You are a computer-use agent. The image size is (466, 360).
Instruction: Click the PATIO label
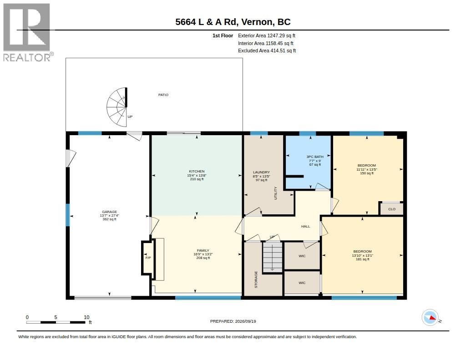pos(163,95)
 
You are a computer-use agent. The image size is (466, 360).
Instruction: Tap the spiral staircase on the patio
pos(117,106)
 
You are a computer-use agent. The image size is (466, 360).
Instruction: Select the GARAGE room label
pos(109,212)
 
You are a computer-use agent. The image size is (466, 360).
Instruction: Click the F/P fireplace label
pos(148,258)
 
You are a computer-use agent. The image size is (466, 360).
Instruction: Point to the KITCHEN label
pos(197,172)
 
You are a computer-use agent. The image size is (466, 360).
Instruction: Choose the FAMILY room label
pos(203,251)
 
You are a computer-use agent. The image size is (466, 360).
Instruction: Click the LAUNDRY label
pos(262,172)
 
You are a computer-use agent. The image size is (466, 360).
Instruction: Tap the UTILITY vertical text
pos(275,193)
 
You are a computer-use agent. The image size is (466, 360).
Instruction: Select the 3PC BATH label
pos(315,157)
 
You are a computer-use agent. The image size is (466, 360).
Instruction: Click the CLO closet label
pos(392,209)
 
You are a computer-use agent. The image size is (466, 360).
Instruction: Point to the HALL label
pos(305,227)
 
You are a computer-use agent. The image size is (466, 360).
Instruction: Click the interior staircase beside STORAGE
pos(273,257)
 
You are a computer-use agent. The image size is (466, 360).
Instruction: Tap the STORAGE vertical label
pos(256,279)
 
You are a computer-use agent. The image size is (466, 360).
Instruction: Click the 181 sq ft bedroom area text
pos(363,259)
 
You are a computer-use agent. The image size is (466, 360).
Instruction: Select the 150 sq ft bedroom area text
pos(367,173)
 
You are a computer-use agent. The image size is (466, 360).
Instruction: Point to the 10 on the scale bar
pos(86,317)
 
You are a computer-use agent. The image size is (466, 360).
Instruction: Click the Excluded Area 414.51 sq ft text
pos(267,51)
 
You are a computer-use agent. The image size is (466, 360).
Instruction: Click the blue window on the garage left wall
pos(68,215)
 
